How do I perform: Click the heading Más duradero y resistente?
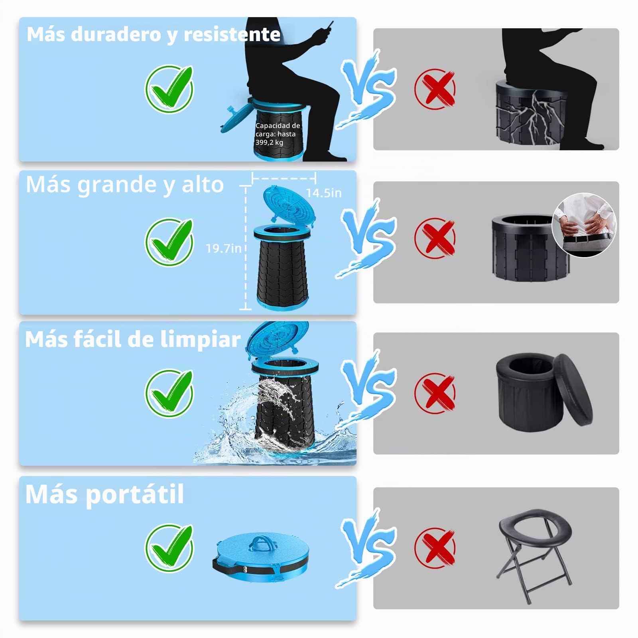154,35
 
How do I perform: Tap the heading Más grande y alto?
125,185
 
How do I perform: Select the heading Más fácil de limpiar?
133,339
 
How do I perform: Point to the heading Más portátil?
104,494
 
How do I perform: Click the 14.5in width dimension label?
324,193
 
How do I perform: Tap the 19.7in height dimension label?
224,248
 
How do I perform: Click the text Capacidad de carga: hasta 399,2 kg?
278,134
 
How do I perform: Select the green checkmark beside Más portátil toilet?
169,548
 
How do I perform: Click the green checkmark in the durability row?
169,89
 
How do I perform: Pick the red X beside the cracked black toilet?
435,89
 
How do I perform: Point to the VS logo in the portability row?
366,548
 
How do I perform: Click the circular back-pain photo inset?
584,225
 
